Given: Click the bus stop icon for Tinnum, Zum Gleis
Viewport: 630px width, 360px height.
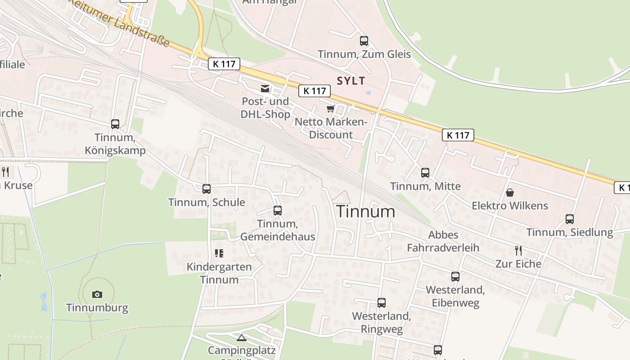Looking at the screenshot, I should pos(364,41).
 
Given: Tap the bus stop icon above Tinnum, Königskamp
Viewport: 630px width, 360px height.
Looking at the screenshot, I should pos(115,124).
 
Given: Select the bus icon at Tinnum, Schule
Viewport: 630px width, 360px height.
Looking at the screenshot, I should pos(207,189).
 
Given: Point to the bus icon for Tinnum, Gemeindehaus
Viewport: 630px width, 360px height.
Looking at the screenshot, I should pos(278,211).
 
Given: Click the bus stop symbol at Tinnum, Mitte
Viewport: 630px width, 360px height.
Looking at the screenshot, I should pos(425,172).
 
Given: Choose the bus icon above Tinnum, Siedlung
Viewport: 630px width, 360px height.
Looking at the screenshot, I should pos(570,219).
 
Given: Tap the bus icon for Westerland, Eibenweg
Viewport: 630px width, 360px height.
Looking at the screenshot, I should pos(455,276).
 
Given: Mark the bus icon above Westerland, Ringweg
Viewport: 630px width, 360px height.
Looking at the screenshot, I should pos(382,303).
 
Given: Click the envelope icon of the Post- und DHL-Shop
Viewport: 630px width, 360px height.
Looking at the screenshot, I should pos(265,89).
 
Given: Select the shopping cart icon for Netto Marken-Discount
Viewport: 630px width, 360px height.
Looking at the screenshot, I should pos(331,109).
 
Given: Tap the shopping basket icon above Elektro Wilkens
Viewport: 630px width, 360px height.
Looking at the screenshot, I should pos(510,193).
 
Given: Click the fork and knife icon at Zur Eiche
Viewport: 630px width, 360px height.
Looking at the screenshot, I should pos(518,251).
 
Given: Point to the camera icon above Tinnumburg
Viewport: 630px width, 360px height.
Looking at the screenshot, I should pos(97,295).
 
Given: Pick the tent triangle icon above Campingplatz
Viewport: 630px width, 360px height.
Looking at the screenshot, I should pos(242,337).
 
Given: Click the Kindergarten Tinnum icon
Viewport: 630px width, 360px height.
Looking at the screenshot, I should pos(219,253).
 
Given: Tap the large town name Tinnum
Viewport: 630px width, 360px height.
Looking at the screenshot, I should pos(366,211).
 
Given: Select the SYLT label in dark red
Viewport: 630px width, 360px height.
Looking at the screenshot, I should pos(351,81).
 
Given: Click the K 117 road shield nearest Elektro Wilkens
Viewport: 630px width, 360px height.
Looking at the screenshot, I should pos(458,135).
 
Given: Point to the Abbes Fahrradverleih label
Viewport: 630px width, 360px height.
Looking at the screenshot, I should pos(443,241).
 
